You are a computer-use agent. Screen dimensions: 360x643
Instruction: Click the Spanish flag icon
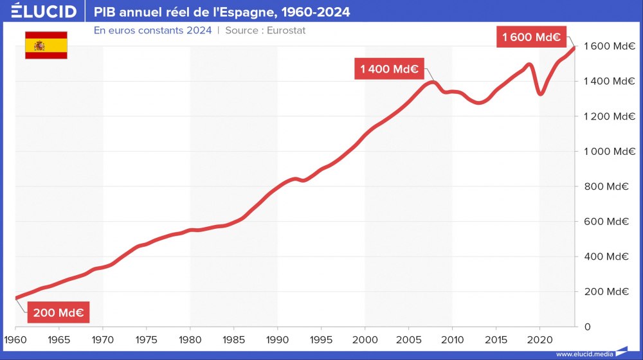[46, 45]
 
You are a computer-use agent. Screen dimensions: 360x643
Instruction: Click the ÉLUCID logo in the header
[44, 12]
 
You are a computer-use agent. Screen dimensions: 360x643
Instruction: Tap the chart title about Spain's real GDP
[222, 12]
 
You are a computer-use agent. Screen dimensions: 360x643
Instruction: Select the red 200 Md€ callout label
[58, 313]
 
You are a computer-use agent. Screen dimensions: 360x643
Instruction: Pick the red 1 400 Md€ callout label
[389, 69]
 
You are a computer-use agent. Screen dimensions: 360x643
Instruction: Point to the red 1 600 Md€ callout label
[532, 37]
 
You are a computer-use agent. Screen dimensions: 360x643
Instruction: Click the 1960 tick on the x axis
[15, 339]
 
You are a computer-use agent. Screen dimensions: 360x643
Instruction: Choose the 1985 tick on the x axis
[233, 339]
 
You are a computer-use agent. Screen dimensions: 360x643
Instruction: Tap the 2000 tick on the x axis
[365, 339]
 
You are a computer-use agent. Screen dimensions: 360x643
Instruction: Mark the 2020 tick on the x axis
[539, 339]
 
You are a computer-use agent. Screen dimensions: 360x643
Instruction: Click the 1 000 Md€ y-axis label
[606, 152]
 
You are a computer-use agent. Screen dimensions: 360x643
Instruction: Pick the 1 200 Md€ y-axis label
[606, 116]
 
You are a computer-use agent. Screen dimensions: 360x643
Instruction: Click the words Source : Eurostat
[265, 31]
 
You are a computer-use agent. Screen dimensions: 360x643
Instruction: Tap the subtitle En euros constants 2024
[152, 31]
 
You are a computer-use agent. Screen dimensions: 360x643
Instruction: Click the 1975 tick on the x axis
[146, 339]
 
